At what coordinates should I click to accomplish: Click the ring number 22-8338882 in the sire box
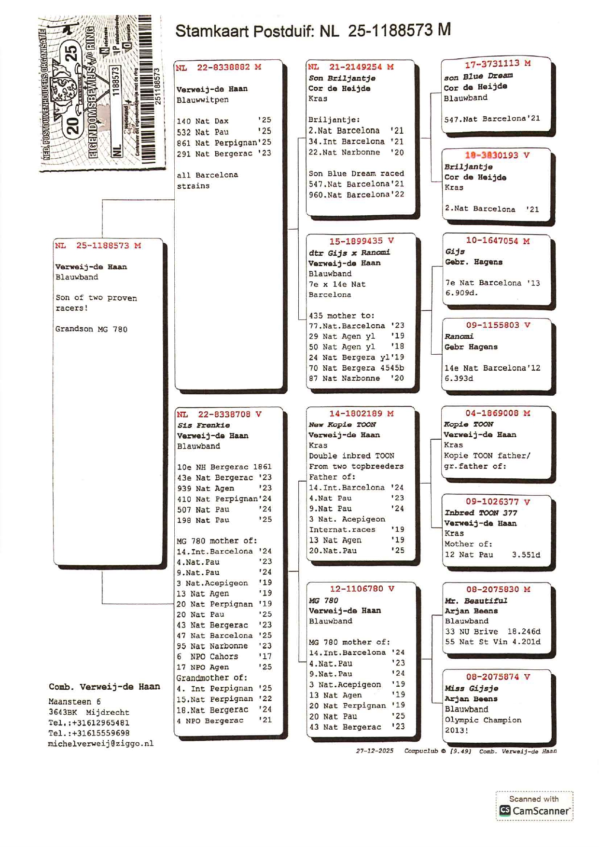pos(223,68)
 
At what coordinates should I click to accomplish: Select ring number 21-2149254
pos(355,67)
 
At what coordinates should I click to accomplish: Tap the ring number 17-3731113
pos(492,64)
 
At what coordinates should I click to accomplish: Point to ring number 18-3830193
pos(491,155)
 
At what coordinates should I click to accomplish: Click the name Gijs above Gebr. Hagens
pos(455,251)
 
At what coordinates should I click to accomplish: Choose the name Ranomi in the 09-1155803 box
pos(459,336)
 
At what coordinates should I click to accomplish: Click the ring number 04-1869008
pos(491,413)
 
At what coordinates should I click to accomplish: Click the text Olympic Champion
pos(483,720)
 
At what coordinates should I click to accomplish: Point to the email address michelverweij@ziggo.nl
pos(101,744)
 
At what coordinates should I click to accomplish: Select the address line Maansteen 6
pos(74,702)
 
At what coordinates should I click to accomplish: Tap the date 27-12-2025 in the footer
pos(375,751)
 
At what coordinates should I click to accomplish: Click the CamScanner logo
pos(534,811)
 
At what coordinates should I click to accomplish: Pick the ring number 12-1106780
pos(356,589)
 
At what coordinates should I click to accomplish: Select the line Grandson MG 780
pos(91,329)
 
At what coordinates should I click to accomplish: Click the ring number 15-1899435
pos(356,241)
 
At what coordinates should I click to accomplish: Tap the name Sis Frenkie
pos(203,425)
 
